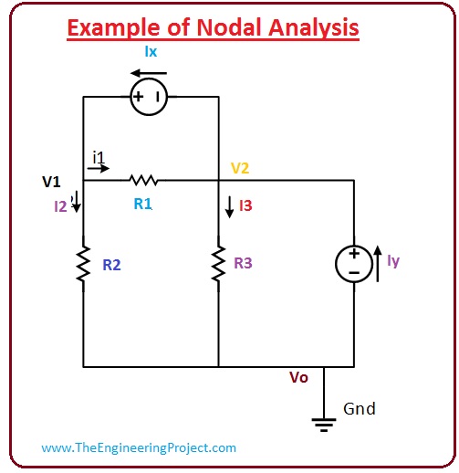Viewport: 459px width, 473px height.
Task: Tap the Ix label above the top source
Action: pyautogui.click(x=151, y=51)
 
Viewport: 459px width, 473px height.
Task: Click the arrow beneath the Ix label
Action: pyautogui.click(x=149, y=73)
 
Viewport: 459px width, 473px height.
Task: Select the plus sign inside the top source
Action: pyautogui.click(x=138, y=97)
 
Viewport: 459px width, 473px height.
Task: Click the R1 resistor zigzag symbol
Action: pyautogui.click(x=143, y=180)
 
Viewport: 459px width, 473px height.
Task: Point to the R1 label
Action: pyautogui.click(x=142, y=204)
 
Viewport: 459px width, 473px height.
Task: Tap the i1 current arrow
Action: pyautogui.click(x=99, y=168)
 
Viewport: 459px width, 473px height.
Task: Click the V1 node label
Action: pyautogui.click(x=51, y=182)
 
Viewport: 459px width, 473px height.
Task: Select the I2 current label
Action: pyautogui.click(x=60, y=206)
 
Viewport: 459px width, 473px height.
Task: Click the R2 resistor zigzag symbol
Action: pyautogui.click(x=83, y=264)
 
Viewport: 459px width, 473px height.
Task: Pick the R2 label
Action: pyautogui.click(x=111, y=265)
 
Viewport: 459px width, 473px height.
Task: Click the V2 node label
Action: pyautogui.click(x=240, y=168)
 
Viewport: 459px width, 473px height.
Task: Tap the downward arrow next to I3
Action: pyautogui.click(x=230, y=207)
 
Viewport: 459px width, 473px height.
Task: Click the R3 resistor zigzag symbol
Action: pyautogui.click(x=218, y=264)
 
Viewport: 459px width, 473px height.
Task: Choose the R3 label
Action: pyautogui.click(x=243, y=263)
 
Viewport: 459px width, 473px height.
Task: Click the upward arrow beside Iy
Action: pyautogui.click(x=378, y=264)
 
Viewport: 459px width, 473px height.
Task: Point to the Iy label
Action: pyautogui.click(x=393, y=261)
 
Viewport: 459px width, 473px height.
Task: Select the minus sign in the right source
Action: pyautogui.click(x=354, y=273)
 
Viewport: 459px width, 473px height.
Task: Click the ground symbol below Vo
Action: pyautogui.click(x=324, y=425)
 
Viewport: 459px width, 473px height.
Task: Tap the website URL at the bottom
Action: pyautogui.click(x=139, y=447)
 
